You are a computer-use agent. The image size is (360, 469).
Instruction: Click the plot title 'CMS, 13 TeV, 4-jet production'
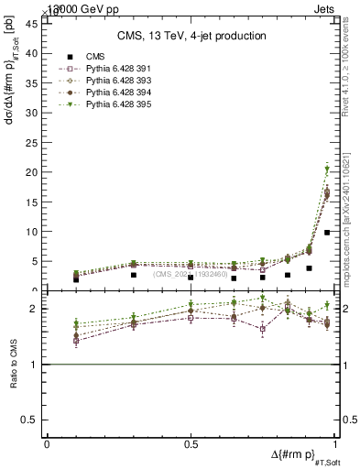[191, 36]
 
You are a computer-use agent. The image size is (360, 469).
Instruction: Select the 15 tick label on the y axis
[33, 202]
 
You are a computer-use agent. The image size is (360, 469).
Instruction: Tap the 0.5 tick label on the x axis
[191, 443]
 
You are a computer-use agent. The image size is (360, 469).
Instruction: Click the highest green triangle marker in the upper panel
[327, 169]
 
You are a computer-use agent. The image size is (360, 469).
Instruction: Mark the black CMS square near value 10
[327, 233]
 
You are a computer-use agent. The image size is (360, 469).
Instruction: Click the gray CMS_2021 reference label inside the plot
[191, 274]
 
